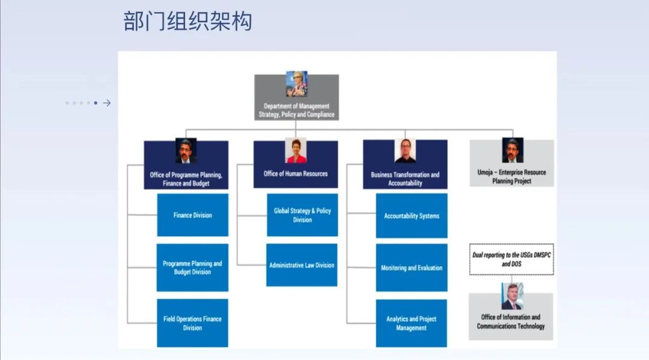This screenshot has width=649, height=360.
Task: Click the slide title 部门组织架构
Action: pyautogui.click(x=187, y=21)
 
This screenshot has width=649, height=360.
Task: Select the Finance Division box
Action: pyautogui.click(x=192, y=215)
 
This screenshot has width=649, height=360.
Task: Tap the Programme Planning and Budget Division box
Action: pyautogui.click(x=192, y=267)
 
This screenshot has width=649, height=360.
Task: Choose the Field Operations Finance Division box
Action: pyautogui.click(x=192, y=323)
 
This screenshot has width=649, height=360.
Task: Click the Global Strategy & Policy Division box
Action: pyautogui.click(x=302, y=215)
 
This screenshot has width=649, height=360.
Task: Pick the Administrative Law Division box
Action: pyautogui.click(x=302, y=265)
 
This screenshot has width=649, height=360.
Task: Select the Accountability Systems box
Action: pyautogui.click(x=412, y=216)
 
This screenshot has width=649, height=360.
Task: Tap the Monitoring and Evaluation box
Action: pyautogui.click(x=412, y=267)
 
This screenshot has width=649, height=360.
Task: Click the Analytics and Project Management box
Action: pyautogui.click(x=412, y=323)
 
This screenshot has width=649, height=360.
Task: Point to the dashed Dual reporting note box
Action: pyautogui.click(x=511, y=260)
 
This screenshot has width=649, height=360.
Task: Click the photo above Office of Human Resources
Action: pyautogui.click(x=296, y=151)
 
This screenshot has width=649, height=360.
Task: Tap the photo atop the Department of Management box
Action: pyautogui.click(x=296, y=84)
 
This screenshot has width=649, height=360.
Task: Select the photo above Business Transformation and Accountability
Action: pyautogui.click(x=405, y=151)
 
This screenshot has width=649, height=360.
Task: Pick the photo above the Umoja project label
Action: pyautogui.click(x=513, y=150)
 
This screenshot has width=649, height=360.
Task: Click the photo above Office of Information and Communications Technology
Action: pyautogui.click(x=512, y=296)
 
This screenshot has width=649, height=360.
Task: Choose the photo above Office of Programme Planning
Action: pyautogui.click(x=186, y=151)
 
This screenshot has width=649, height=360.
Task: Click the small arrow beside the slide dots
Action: pyautogui.click(x=107, y=103)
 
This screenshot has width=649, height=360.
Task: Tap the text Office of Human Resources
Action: pyautogui.click(x=296, y=174)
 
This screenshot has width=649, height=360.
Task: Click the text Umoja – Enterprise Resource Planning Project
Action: pyautogui.click(x=511, y=177)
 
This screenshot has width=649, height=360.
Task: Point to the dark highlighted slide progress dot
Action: pyautogui.click(x=96, y=103)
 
